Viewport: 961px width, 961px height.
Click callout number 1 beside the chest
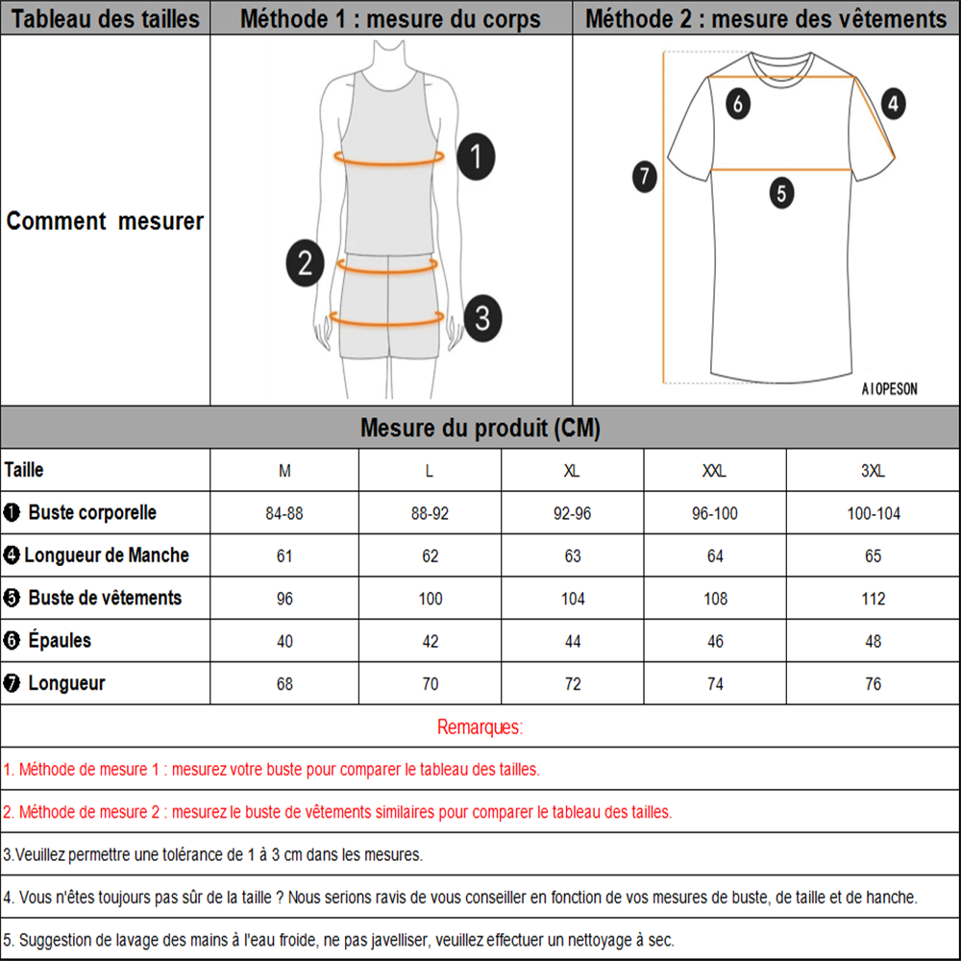pos(476,156)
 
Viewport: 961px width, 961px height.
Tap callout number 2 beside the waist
pos(305,262)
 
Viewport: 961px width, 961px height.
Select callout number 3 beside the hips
pos(482,316)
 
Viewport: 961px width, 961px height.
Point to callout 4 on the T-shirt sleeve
pos(894,103)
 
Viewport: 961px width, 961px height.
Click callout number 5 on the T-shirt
pos(781,193)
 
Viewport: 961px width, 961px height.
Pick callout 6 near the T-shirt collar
pos(737,103)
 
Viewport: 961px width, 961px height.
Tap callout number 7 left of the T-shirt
pos(645,177)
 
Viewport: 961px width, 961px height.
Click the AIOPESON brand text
pos(889,389)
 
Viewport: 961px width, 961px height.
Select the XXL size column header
pos(715,471)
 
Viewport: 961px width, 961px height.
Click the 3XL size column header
pos(873,471)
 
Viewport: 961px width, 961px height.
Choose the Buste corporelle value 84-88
pos(284,514)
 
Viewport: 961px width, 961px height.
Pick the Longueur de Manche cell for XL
pos(573,556)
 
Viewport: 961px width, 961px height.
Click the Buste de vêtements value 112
pos(873,599)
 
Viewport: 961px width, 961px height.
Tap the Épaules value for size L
pos(430,641)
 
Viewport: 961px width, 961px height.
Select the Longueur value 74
pos(715,684)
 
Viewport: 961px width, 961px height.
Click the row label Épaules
pos(60,640)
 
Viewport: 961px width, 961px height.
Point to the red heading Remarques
pos(480,727)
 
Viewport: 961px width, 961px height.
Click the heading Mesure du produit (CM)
pos(480,429)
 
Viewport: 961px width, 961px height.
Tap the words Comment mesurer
pos(105,221)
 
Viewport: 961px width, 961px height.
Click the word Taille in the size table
pos(24,470)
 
